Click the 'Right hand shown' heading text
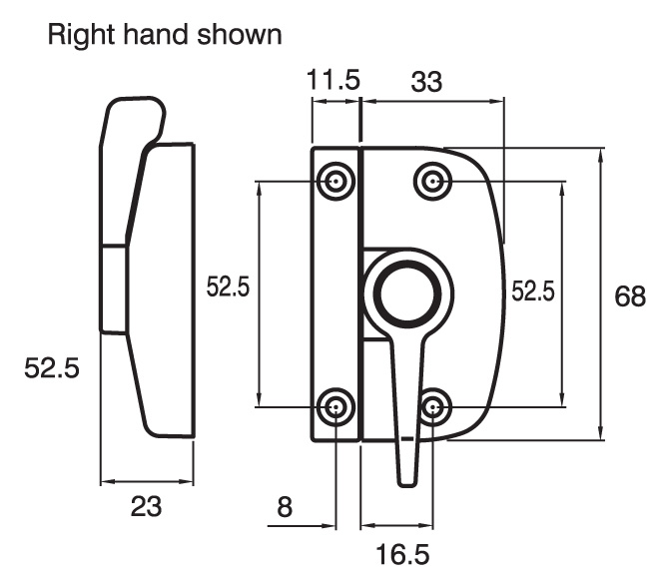pyautogui.click(x=164, y=35)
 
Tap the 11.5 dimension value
pyautogui.click(x=333, y=81)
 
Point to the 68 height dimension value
pyautogui.click(x=630, y=297)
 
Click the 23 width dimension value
pyautogui.click(x=146, y=508)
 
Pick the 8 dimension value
pyautogui.click(x=285, y=508)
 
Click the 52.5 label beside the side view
pyautogui.click(x=51, y=368)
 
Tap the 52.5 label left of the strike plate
pyautogui.click(x=227, y=288)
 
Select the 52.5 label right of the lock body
pyautogui.click(x=531, y=291)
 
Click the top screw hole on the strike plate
pyautogui.click(x=335, y=181)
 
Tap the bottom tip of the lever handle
pyautogui.click(x=406, y=481)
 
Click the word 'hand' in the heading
pyautogui.click(x=155, y=35)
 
